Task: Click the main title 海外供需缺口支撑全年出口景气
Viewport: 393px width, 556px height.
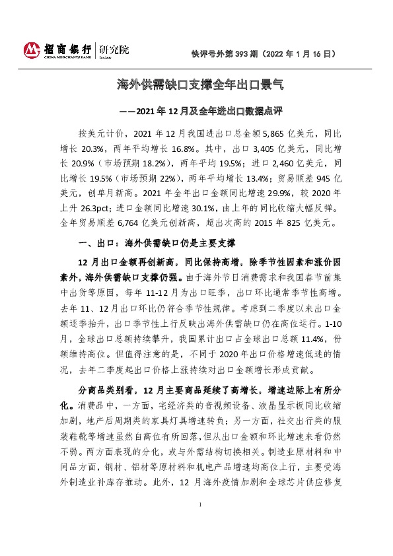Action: coord(196,85)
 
